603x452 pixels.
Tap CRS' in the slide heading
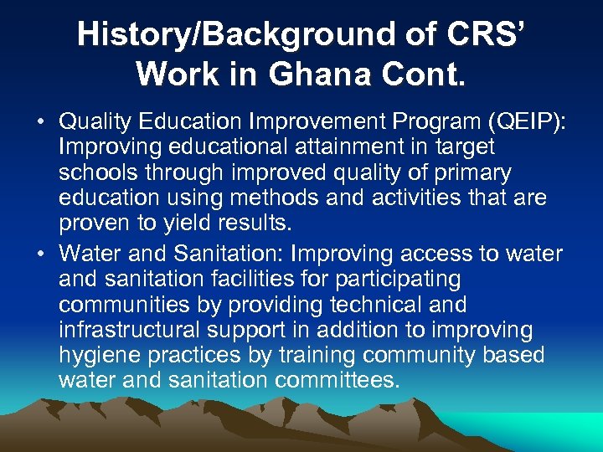(487, 34)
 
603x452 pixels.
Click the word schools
(98, 172)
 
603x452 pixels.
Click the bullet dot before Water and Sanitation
(39, 254)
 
